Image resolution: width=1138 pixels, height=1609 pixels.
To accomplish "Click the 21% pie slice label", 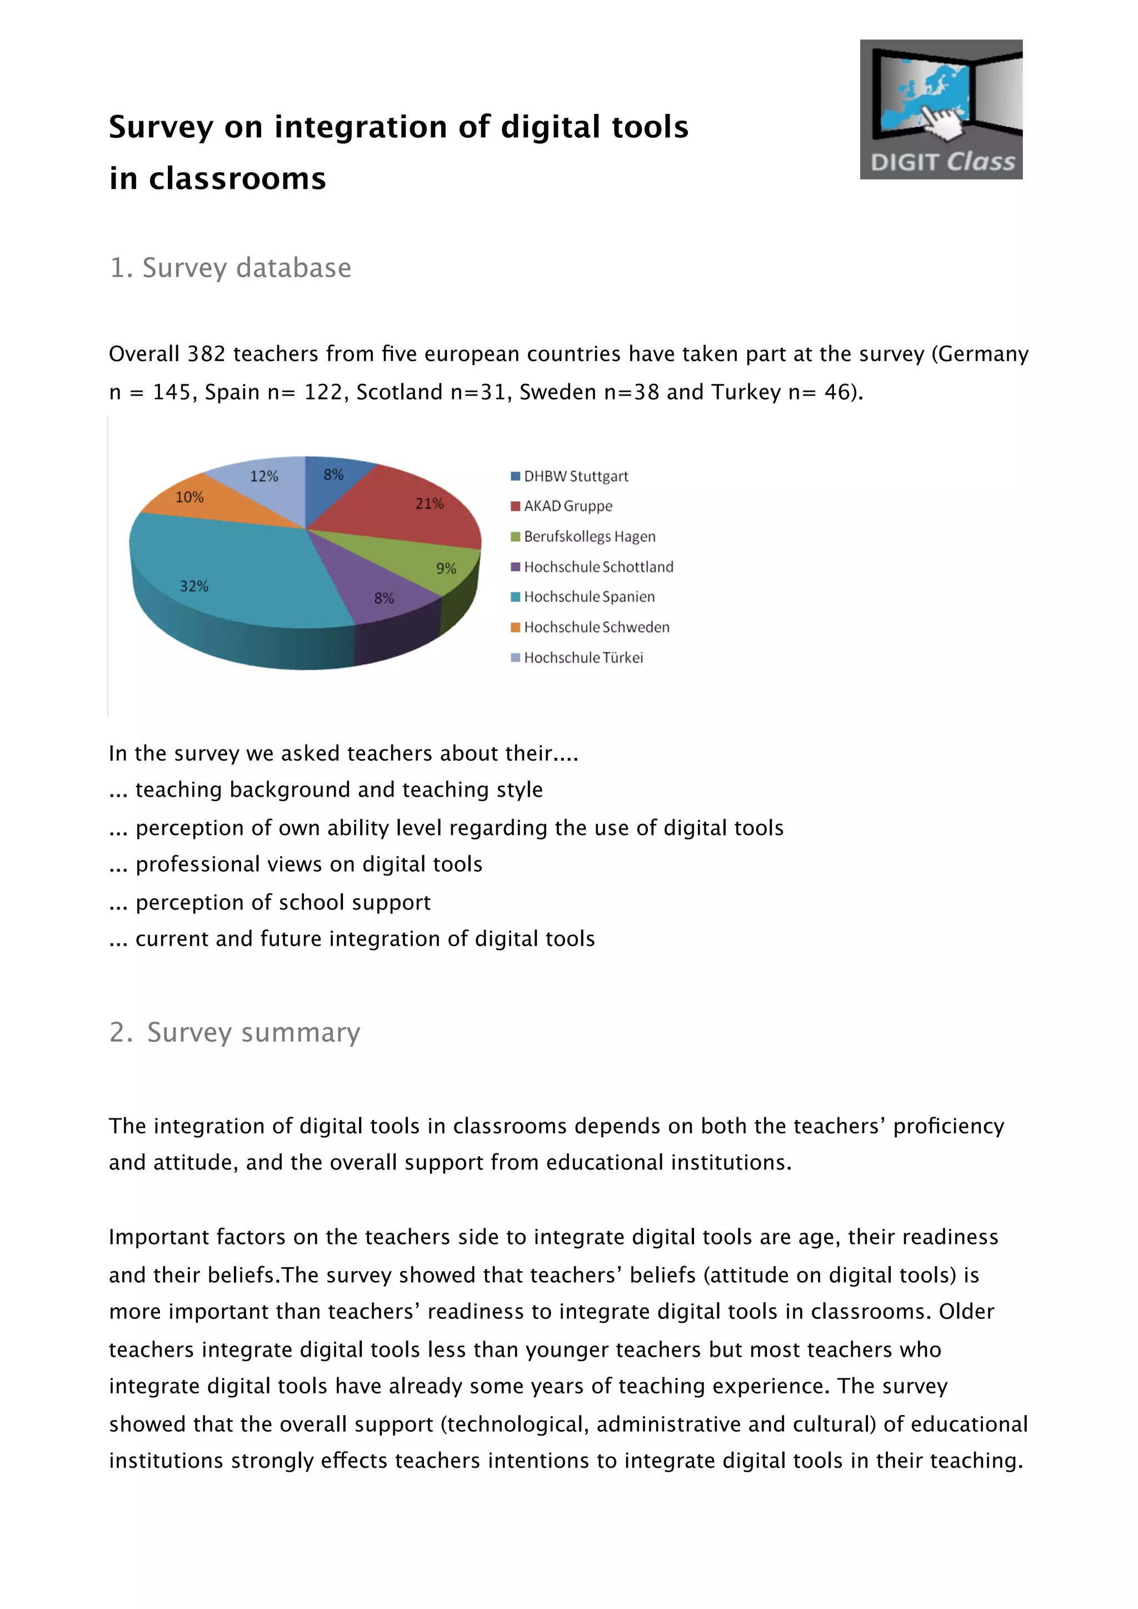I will point(430,503).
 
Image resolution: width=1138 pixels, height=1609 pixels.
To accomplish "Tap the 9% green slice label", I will point(446,568).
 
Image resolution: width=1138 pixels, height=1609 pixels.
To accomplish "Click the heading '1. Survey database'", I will point(231,268).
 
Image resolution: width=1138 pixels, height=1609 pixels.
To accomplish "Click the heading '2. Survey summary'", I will point(234,1032).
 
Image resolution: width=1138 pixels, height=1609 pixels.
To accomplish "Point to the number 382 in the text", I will point(207,354).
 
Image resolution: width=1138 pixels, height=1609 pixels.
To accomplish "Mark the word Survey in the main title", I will point(161,128).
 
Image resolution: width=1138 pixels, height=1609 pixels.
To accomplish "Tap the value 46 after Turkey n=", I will point(837,392).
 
